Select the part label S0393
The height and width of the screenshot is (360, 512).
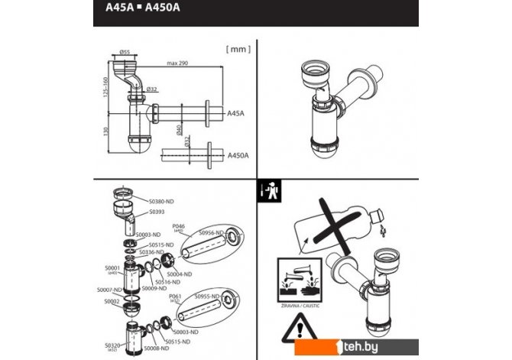[157, 211]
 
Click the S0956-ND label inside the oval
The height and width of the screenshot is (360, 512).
[209, 232]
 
